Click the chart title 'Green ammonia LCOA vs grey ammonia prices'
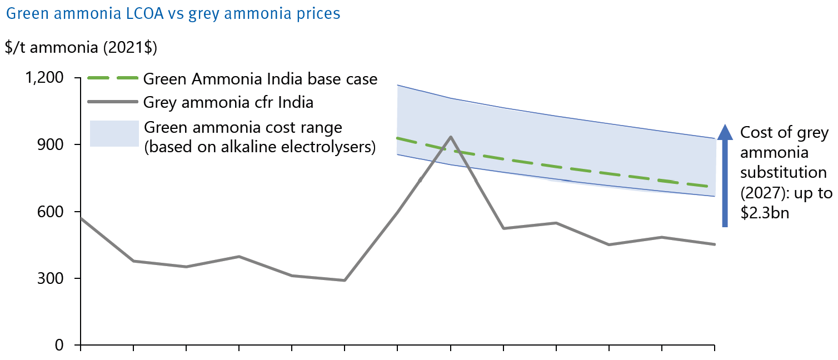point(173,13)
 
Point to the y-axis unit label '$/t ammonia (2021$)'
point(81,48)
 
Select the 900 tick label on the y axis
point(54,144)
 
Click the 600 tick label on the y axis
point(54,212)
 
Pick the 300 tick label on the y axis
point(54,278)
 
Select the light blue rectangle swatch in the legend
point(114,134)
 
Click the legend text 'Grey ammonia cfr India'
point(228,102)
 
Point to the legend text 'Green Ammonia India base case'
point(260,79)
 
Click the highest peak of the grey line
point(450,137)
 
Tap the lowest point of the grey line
point(345,280)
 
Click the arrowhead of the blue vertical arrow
point(724,132)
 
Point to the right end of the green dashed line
point(714,187)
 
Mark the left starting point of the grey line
point(82,218)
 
